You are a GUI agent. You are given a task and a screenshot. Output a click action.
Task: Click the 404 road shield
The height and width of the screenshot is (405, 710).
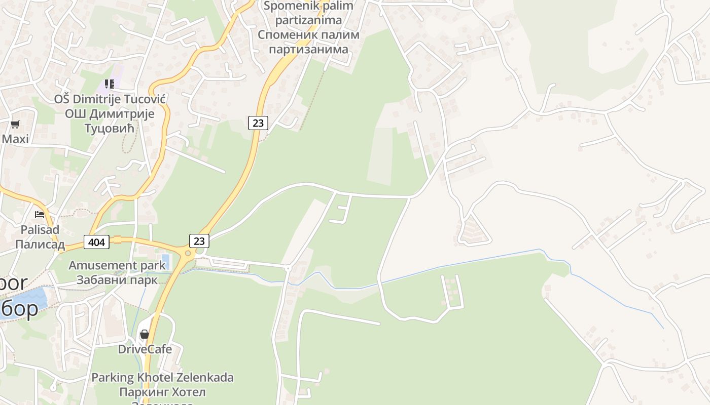click(x=96, y=242)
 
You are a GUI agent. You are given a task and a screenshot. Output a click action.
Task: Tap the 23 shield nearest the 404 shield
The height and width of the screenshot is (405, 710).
click(x=199, y=240)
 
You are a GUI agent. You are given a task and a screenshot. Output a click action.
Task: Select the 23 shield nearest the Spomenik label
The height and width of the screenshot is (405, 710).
click(x=258, y=123)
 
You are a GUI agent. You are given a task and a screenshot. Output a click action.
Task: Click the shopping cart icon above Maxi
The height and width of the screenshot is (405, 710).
click(x=15, y=124)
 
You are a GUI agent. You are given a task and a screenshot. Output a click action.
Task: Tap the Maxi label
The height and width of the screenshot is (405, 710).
click(x=15, y=139)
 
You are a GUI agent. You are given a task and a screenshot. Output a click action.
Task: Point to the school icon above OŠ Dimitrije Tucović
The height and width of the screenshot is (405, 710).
click(x=110, y=84)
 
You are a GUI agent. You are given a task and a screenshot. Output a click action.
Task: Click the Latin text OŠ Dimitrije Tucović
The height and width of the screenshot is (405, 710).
click(x=110, y=99)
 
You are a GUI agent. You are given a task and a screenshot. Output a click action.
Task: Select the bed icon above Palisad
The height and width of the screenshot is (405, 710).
click(x=40, y=215)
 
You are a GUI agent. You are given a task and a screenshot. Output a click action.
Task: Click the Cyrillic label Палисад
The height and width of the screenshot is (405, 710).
click(x=40, y=245)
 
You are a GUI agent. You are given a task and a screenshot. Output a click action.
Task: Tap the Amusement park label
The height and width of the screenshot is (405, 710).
click(x=117, y=265)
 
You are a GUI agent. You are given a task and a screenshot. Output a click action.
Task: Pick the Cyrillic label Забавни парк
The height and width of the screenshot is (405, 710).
click(x=117, y=279)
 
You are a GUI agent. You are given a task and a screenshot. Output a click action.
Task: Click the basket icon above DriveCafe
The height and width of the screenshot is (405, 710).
click(x=145, y=334)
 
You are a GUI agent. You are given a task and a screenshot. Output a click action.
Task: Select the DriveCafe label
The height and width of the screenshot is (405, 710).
click(x=145, y=349)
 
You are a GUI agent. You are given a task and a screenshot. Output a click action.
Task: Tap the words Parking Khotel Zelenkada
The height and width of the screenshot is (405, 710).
click(x=162, y=378)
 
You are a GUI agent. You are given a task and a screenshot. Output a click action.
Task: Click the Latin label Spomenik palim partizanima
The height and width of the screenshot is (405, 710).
click(x=308, y=13)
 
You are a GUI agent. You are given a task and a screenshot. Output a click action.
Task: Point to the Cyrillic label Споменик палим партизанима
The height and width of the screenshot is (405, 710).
click(x=308, y=42)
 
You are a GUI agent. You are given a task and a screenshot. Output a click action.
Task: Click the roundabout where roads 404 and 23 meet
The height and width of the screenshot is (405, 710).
click(x=188, y=253)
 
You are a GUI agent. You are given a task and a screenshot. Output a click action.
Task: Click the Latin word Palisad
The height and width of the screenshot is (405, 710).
click(x=40, y=230)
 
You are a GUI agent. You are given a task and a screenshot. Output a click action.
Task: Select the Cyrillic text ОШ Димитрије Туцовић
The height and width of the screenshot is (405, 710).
click(x=110, y=121)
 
